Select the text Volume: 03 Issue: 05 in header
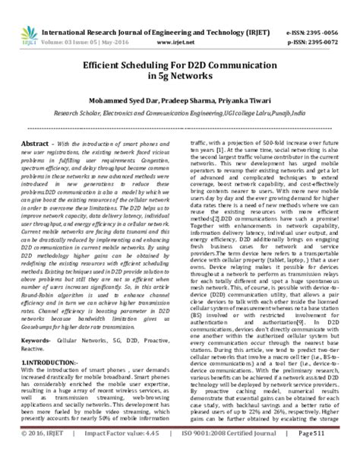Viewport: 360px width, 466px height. pyautogui.click(x=79, y=23)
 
